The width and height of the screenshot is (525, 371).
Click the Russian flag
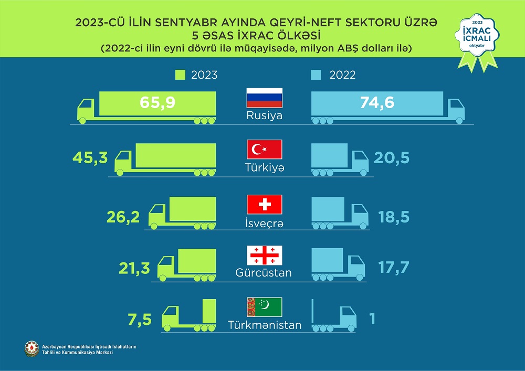click(x=265, y=98)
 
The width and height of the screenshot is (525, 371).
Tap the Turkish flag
click(x=265, y=150)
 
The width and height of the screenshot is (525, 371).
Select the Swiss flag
click(x=265, y=204)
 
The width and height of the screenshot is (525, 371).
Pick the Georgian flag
click(x=265, y=255)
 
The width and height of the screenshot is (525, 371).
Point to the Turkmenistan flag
click(x=265, y=307)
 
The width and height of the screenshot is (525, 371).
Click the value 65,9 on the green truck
click(x=157, y=102)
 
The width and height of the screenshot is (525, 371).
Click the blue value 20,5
click(x=391, y=157)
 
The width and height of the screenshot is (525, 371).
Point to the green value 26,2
click(x=122, y=216)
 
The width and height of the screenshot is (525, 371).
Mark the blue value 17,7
click(x=393, y=268)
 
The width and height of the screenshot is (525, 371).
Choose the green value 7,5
click(x=140, y=319)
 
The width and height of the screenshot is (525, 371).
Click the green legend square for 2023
click(x=180, y=75)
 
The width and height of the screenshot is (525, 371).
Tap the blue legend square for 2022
click(x=316, y=75)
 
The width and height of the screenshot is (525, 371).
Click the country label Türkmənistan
click(x=265, y=325)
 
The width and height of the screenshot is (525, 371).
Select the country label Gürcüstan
click(x=265, y=273)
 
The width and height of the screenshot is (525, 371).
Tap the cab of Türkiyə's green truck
click(x=124, y=161)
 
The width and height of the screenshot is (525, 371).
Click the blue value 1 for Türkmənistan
click(x=372, y=319)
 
